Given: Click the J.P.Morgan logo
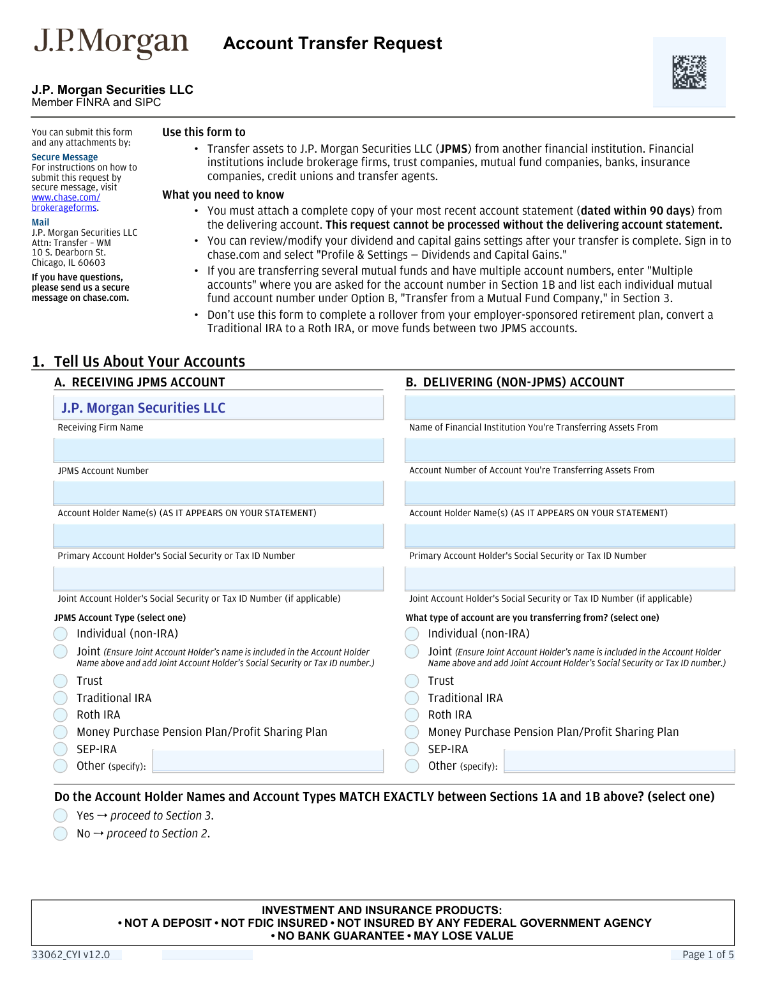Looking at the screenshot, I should tap(111, 43).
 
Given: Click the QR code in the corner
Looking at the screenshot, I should tap(689, 72).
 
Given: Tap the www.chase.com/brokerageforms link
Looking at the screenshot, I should tap(65, 202).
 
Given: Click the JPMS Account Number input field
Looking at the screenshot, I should tap(218, 451).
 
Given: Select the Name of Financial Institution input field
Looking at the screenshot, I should tap(569, 408).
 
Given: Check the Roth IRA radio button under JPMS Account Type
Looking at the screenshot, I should tap(61, 715).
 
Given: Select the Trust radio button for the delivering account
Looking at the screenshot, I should tap(412, 681).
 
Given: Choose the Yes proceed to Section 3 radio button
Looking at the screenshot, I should tap(61, 816).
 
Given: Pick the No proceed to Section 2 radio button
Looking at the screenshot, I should tap(61, 834).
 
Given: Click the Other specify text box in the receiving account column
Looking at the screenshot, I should tap(268, 761).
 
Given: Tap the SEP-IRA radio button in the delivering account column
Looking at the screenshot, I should tap(412, 749).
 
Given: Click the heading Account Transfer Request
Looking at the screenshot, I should tap(333, 43).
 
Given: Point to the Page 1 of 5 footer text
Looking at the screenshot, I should tap(708, 955).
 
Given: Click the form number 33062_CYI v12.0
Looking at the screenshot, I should tap(71, 955).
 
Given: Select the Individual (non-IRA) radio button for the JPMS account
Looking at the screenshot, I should tap(61, 634).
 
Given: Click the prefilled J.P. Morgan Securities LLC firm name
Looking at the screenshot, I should tap(143, 408).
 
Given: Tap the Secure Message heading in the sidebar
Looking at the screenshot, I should tap(64, 157).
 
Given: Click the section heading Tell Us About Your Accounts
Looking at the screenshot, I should tap(149, 362).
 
